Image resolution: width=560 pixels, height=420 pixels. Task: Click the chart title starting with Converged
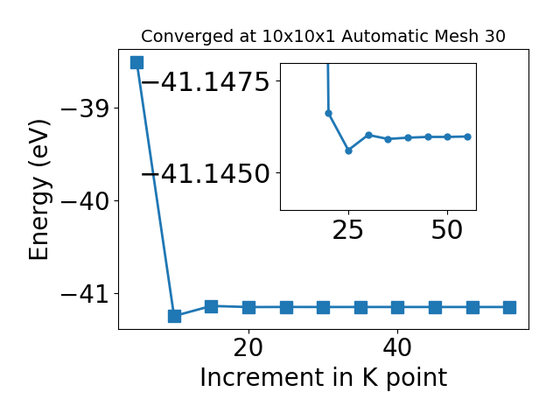coord(323,36)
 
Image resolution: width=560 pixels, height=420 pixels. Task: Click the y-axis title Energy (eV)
coord(38,190)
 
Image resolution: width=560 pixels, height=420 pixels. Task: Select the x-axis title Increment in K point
coord(324,378)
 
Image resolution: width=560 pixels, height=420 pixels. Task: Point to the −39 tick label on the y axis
coord(85,108)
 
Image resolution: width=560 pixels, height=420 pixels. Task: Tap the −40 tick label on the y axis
coord(85,201)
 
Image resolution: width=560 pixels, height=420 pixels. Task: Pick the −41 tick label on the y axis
coord(85,294)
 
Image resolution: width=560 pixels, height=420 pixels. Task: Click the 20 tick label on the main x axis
coord(248,347)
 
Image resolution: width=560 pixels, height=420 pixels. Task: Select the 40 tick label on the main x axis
coord(397,347)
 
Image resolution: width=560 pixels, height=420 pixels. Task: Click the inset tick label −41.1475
coord(206,81)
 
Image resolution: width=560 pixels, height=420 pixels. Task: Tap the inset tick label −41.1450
coord(206,174)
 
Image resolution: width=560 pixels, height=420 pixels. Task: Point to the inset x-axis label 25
coord(348,229)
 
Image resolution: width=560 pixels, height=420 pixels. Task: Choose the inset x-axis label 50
coord(447,229)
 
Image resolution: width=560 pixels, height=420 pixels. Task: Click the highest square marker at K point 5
coord(136,62)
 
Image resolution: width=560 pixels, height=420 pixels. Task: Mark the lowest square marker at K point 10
coord(174,316)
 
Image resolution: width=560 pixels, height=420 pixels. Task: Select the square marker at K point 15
coord(212,306)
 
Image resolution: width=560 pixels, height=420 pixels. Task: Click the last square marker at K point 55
coord(509,307)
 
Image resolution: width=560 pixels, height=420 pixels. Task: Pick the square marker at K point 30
coord(323,307)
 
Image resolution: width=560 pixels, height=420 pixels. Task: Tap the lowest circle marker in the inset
coord(348,150)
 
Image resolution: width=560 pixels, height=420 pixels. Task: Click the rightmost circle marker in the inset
coord(468,136)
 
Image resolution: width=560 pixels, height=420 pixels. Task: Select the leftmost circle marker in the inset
coord(329,113)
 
